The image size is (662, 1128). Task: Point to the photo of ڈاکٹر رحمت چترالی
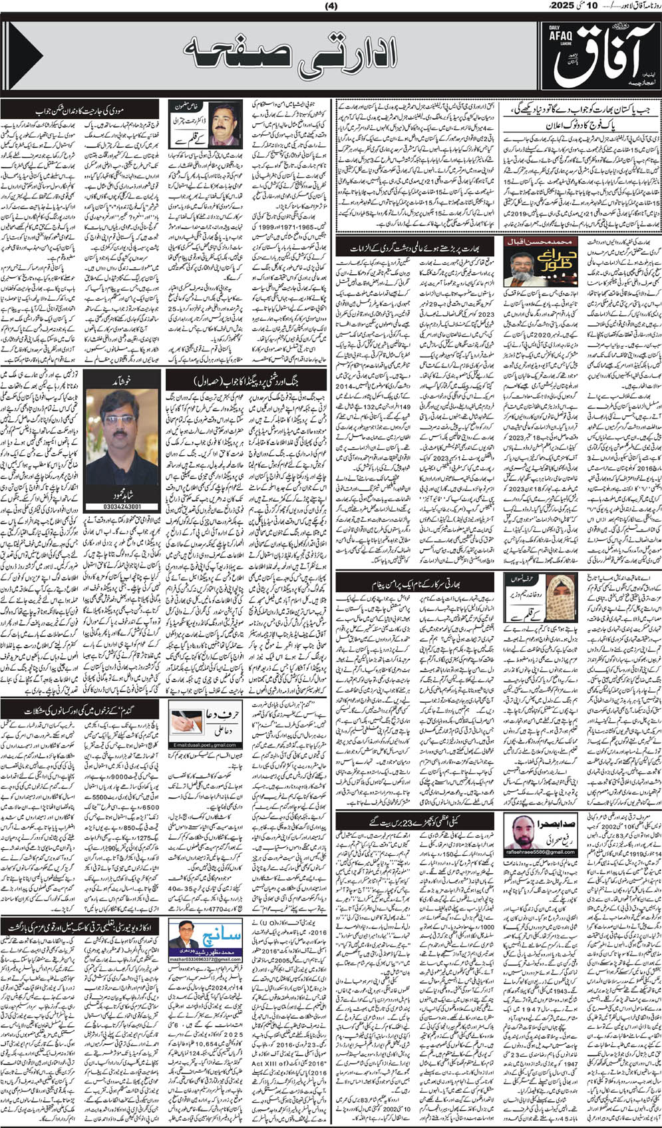pyautogui.click(x=225, y=123)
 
